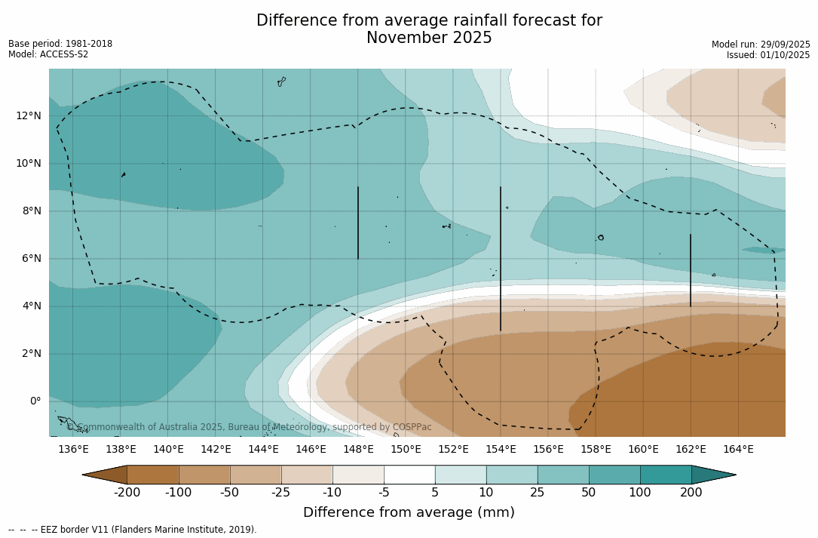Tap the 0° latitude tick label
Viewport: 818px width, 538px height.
(x=35, y=401)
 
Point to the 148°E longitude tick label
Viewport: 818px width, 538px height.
(x=358, y=450)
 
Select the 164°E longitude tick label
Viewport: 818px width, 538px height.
(x=738, y=450)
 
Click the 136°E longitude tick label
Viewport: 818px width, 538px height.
(x=73, y=450)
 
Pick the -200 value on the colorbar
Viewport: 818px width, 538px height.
(x=127, y=493)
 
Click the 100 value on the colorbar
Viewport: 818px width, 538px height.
(x=640, y=493)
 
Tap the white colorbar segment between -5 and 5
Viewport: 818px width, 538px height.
(x=409, y=475)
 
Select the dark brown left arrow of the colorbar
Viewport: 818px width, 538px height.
(x=105, y=475)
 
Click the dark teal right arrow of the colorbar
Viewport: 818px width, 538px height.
(x=713, y=475)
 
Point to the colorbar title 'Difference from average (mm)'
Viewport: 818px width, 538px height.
(x=409, y=513)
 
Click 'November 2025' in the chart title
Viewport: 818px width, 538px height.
(x=429, y=38)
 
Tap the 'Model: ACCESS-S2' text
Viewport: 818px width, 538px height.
(x=48, y=54)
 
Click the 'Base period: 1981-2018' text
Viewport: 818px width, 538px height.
(x=60, y=44)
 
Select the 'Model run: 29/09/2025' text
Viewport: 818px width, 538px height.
(x=761, y=45)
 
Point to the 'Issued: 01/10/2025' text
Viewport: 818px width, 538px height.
(x=768, y=55)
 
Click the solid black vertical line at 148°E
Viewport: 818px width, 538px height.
(x=358, y=223)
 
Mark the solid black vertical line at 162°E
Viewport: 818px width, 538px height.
(x=691, y=270)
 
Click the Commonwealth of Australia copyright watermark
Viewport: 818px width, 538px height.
(x=250, y=427)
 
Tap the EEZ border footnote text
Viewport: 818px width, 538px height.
(x=133, y=530)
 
